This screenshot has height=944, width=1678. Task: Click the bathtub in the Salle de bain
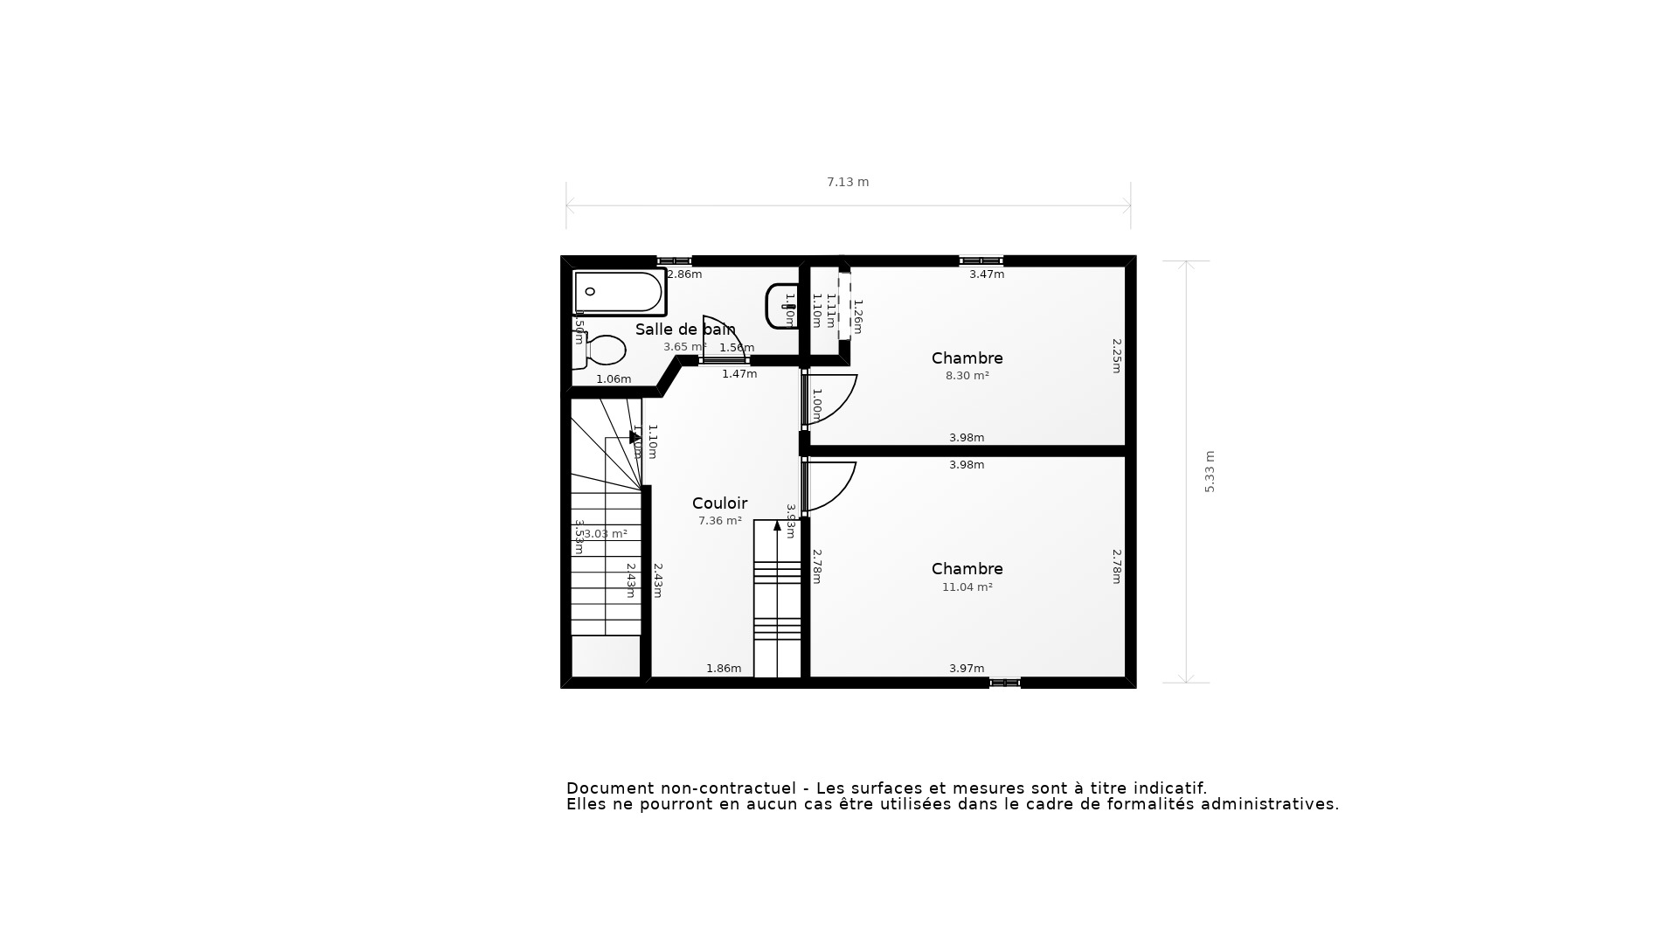coord(619,293)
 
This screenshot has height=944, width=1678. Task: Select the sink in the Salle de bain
coord(781,306)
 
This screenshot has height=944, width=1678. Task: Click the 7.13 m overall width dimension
coord(848,183)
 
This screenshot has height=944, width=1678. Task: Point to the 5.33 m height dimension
coord(1210,472)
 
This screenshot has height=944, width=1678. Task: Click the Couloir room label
coord(719,503)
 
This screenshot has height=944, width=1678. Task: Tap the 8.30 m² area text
coord(967,376)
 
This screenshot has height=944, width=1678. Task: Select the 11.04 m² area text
coord(967,587)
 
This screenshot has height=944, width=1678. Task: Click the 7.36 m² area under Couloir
coord(719,521)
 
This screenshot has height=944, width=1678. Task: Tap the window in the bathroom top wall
coord(674,260)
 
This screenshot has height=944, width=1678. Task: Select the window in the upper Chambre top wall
coord(981,260)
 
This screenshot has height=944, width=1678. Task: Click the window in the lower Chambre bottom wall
coord(1004,683)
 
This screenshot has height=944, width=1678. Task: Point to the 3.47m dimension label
coord(986,274)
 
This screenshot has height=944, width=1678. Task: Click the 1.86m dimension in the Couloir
coord(724,669)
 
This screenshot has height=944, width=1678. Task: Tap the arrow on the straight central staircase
coord(777,525)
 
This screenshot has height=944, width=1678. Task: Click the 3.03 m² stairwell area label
coord(606,534)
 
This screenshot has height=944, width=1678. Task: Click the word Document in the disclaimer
coord(609,788)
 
